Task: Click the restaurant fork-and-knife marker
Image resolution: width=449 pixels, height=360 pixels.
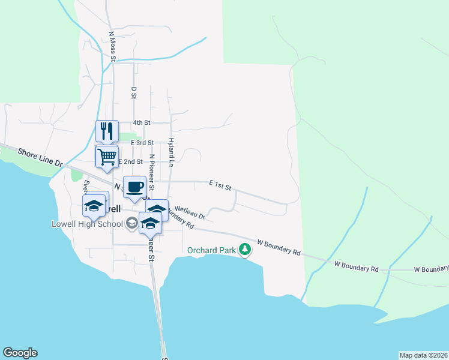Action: pos(107,130)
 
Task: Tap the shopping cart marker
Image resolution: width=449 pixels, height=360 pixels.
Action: pos(107,157)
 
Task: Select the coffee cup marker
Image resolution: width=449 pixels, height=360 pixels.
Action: pos(134,186)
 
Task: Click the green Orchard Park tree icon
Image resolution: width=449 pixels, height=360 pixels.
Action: pos(244,249)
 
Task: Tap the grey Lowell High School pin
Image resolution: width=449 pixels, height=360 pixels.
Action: pos(131,224)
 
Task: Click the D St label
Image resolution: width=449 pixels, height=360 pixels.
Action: pos(134,92)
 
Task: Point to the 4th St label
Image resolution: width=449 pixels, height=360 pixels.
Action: pos(141,122)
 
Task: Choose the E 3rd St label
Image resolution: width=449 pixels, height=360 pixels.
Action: pos(142,142)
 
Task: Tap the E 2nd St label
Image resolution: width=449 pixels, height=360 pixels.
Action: pos(130,161)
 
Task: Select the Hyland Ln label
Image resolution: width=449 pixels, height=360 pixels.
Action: pos(171,151)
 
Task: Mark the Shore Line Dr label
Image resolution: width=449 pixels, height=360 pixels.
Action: pos(40,158)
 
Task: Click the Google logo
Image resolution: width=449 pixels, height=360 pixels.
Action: pos(20,353)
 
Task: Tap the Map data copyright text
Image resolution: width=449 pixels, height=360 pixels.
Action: pos(423,355)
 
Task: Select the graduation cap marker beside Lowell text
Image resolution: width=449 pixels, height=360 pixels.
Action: pos(95,206)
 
